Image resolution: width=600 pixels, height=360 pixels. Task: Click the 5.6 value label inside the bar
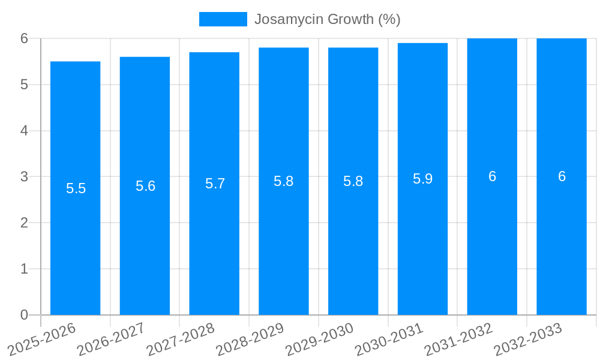[145, 186]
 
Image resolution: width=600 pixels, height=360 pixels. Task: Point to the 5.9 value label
[422, 179]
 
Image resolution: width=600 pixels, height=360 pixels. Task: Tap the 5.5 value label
[76, 188]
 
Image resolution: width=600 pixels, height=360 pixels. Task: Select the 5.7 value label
[215, 184]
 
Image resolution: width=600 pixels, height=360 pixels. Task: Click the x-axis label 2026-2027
[112, 339]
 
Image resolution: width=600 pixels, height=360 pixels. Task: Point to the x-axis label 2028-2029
[250, 339]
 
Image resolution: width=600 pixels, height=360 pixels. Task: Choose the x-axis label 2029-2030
[320, 339]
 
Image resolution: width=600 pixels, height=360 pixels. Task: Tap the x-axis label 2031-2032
[459, 339]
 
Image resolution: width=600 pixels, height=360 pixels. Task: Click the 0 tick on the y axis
[24, 315]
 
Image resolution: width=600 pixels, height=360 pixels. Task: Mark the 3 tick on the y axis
[24, 176]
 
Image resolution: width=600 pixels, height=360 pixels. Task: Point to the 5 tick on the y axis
[24, 85]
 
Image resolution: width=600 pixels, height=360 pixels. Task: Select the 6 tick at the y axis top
[24, 38]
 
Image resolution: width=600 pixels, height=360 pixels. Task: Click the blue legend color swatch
[223, 19]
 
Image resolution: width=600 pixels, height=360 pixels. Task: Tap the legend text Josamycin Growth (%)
[327, 19]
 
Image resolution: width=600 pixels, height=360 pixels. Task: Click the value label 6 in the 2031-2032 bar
[492, 176]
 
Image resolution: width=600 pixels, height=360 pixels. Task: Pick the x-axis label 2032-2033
[528, 339]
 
